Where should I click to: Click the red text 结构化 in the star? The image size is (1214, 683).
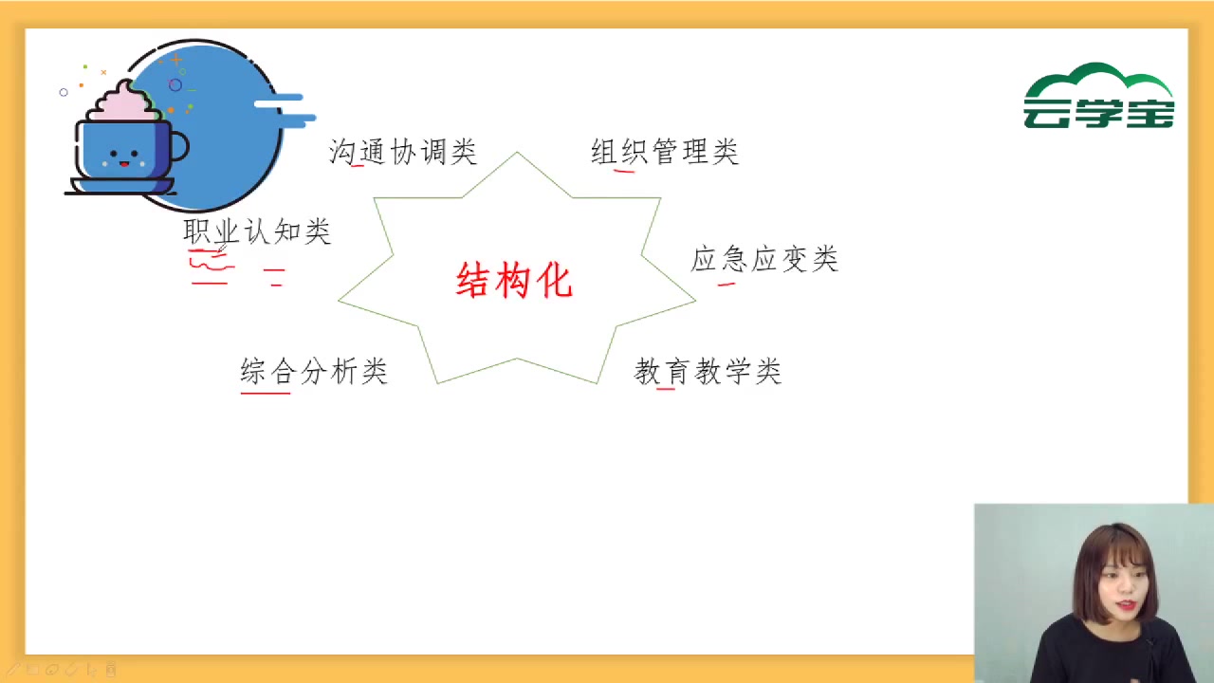coord(515,281)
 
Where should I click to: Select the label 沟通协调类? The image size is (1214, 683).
coord(402,152)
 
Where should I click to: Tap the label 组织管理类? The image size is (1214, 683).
coord(664,152)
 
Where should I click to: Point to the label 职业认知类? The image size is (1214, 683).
coord(256,231)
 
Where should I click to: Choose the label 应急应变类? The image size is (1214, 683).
coord(764,259)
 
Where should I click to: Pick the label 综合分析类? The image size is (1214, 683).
coord(314,371)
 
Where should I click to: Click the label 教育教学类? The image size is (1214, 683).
coord(708,371)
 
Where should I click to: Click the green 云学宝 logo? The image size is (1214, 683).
coord(1099,97)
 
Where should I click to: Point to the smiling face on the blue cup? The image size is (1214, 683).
coord(124,157)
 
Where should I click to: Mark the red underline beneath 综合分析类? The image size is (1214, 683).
coord(266,392)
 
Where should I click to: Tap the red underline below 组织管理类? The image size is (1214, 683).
coord(624,172)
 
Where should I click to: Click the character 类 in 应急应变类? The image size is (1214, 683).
coord(825,259)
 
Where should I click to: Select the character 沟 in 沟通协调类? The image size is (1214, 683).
coord(341,152)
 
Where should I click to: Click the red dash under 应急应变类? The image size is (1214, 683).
coord(727,283)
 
